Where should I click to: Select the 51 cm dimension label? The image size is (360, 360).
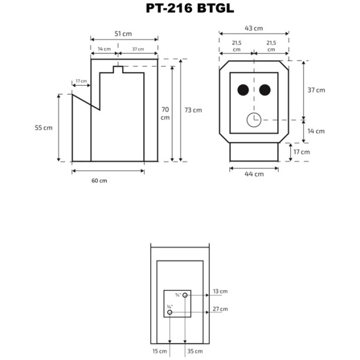coord(124,34)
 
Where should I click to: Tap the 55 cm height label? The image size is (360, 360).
coord(43,128)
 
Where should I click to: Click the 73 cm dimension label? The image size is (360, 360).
coord(193,110)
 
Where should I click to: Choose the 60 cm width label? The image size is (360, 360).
coord(100,181)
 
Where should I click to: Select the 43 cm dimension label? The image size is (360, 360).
coord(254,28)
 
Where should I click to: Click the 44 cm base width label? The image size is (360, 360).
coord(254,174)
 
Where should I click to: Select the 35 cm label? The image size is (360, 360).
coord(195,350)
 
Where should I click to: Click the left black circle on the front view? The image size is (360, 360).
coord(243,90)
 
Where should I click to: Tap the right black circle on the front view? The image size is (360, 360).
coord(265,90)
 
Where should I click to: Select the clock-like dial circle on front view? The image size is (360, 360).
coord(254,119)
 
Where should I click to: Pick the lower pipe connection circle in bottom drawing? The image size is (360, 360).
coord(170,313)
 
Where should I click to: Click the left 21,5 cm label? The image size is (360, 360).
coord(236,47)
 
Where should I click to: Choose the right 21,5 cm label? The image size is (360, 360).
coord(271,47)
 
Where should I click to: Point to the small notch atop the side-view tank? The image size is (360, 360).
coord(118,70)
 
